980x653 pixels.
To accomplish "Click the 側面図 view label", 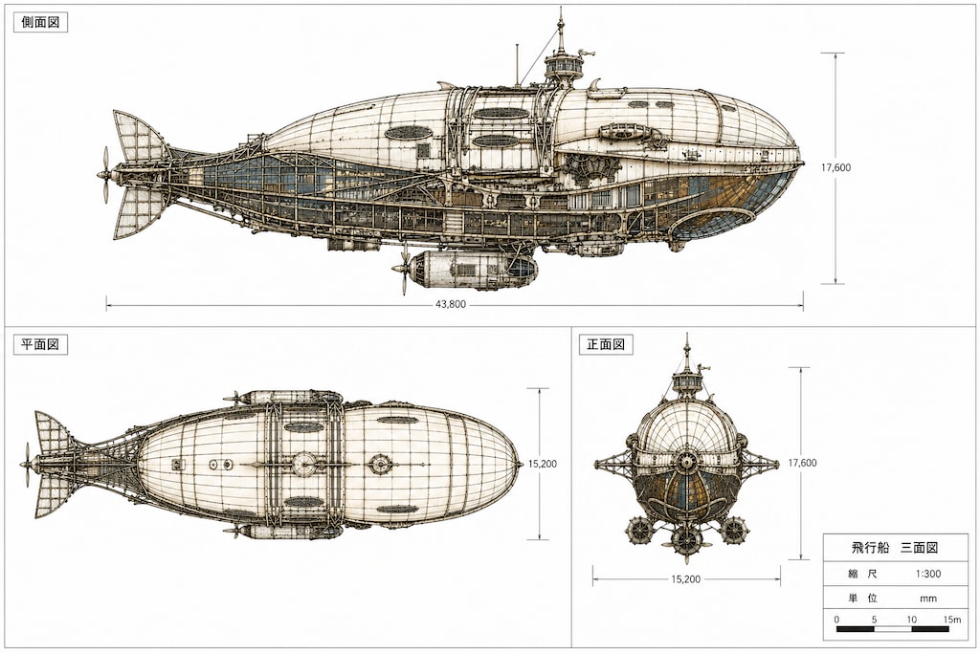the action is click(40, 23).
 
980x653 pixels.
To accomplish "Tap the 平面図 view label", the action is click(40, 344).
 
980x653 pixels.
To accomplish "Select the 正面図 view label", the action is click(606, 344).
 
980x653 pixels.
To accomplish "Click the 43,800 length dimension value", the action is click(451, 305).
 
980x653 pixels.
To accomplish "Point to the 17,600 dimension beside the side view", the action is click(836, 167).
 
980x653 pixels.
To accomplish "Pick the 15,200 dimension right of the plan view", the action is click(543, 464).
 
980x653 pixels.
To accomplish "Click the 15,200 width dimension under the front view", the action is click(686, 579).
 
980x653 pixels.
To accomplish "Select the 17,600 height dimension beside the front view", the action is click(803, 463).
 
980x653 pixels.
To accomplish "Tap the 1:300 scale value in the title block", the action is click(928, 574).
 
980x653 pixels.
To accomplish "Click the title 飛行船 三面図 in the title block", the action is click(895, 548).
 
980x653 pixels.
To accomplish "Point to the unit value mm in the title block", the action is click(928, 599).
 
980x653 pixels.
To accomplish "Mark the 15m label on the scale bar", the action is click(952, 620).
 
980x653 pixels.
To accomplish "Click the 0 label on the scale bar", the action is click(836, 620).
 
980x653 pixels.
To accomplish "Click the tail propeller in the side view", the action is click(105, 175).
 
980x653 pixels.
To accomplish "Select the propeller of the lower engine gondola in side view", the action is click(403, 269).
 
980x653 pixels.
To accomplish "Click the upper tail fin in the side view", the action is click(139, 138).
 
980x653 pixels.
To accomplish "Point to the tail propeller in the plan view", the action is click(27, 465).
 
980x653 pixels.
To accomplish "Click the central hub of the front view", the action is click(686, 463).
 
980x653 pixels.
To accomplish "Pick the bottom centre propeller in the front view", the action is click(686, 539).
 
